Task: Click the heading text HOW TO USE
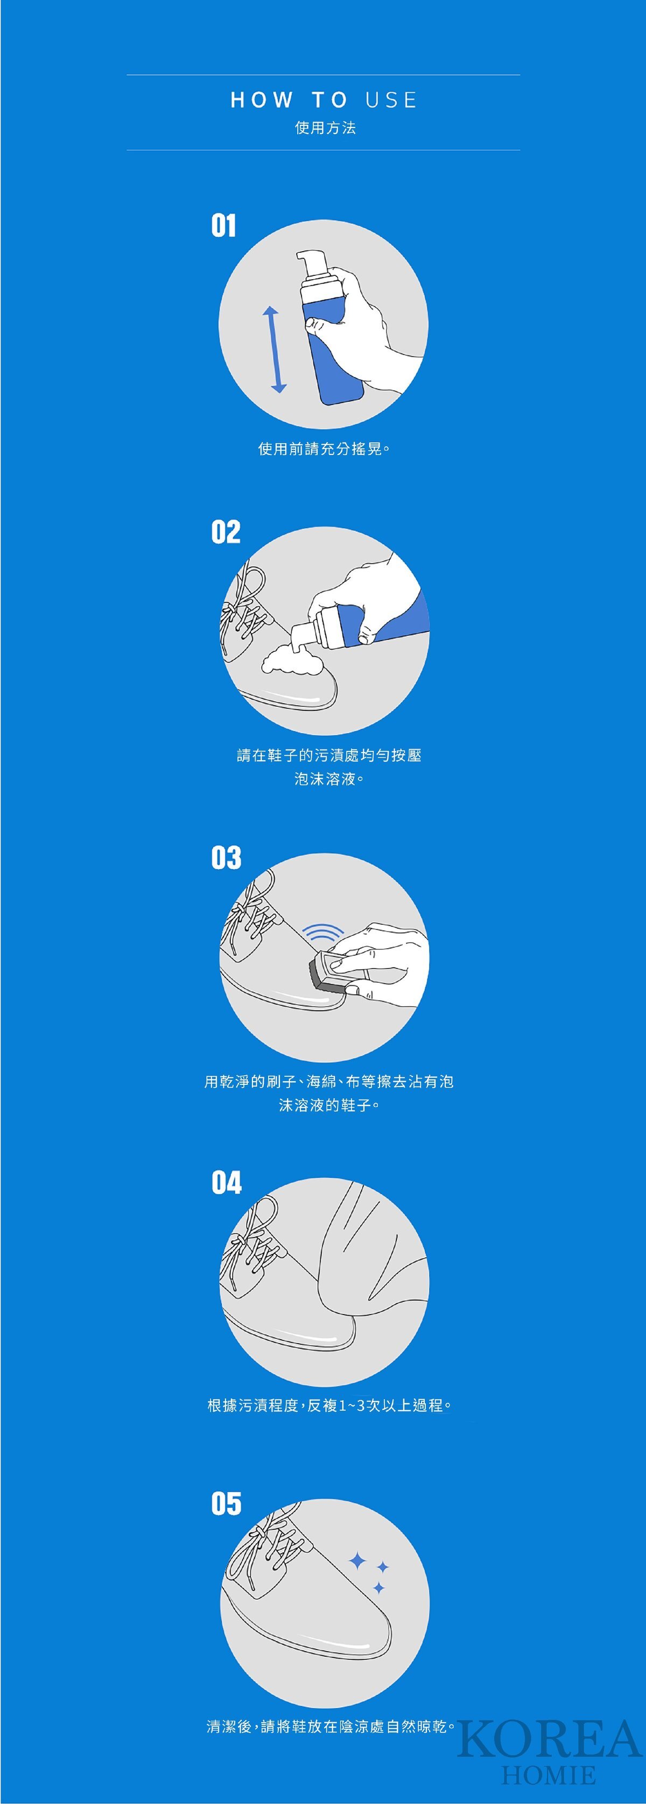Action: [x=324, y=100]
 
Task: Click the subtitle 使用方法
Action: [x=325, y=127]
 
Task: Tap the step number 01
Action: [x=223, y=225]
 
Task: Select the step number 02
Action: [x=226, y=531]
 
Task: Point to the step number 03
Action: [x=226, y=857]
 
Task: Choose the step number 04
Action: [x=226, y=1182]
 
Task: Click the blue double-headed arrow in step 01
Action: [x=274, y=350]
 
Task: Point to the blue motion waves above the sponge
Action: [x=323, y=932]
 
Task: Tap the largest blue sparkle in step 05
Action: [x=358, y=1560]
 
